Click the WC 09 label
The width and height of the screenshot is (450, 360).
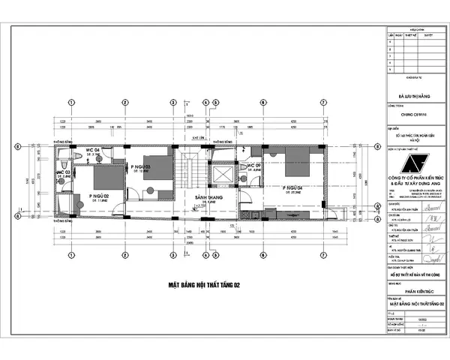pos(253,165)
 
